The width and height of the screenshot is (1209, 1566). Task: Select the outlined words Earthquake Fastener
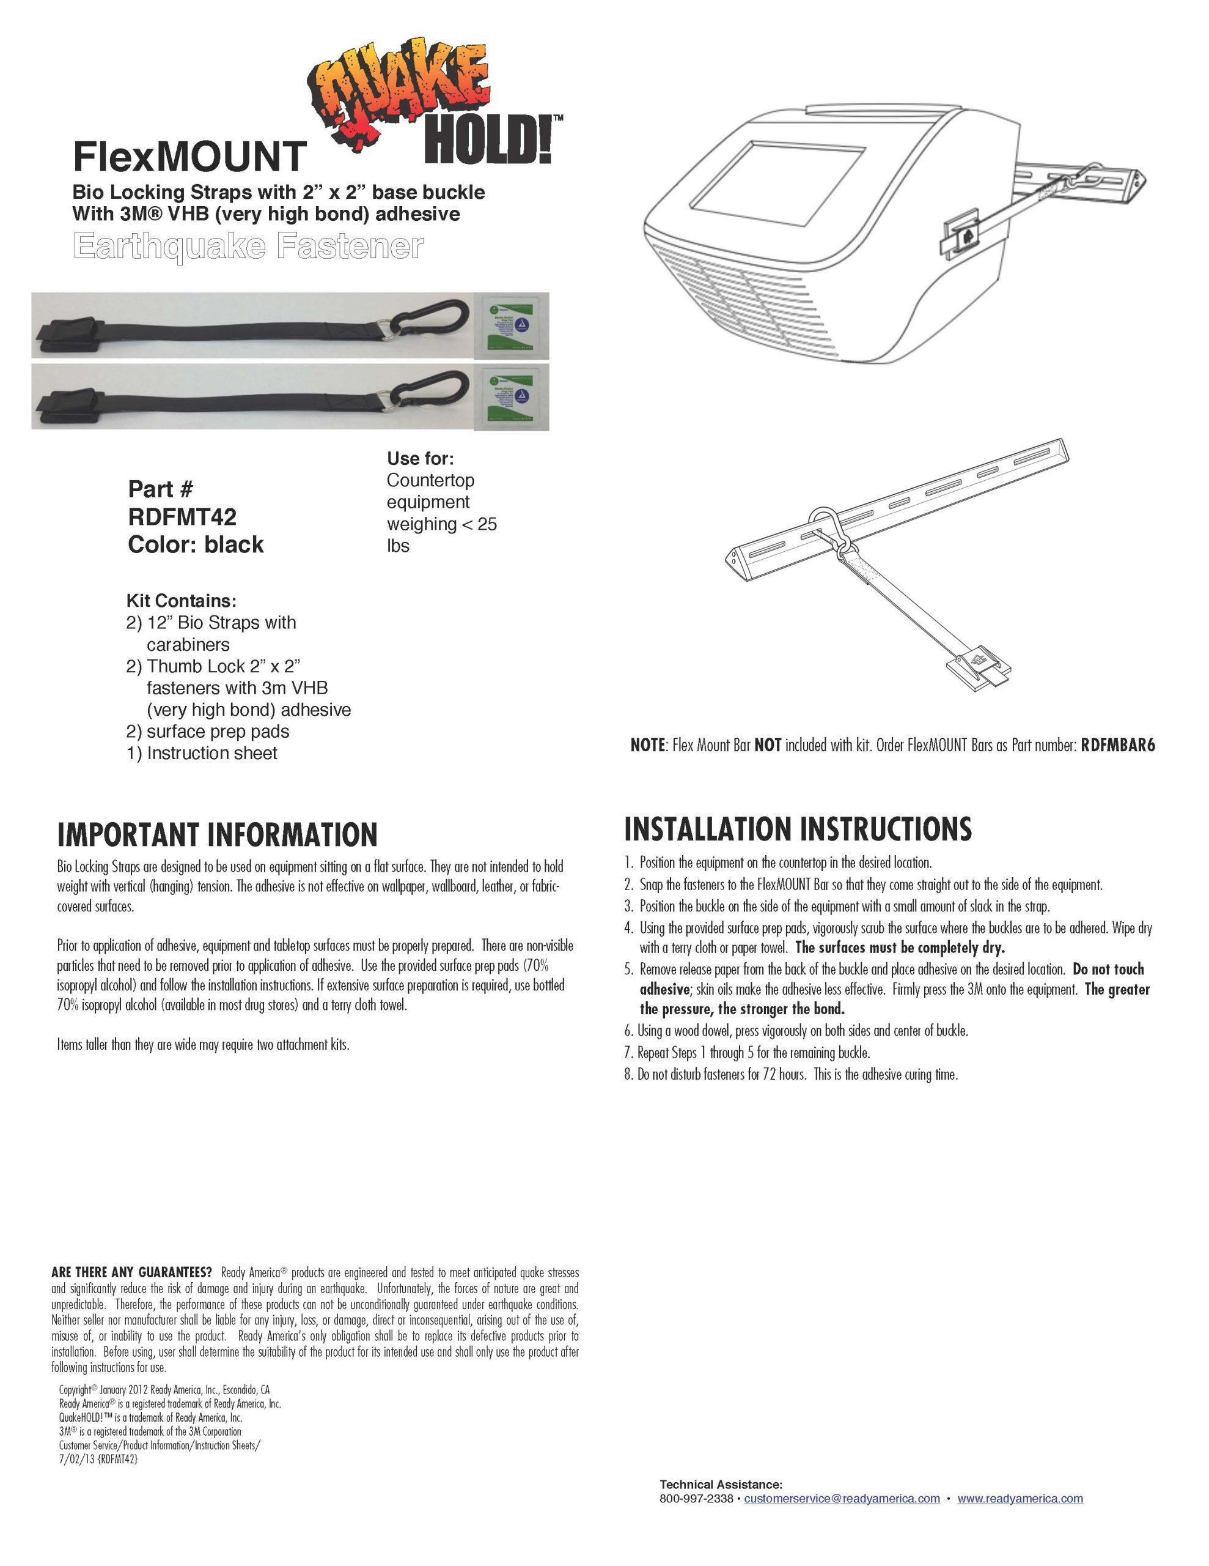(248, 247)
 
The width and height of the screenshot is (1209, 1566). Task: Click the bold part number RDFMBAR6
(1117, 746)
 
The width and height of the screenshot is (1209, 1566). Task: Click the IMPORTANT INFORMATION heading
(217, 834)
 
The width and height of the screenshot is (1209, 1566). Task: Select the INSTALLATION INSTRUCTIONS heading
(798, 829)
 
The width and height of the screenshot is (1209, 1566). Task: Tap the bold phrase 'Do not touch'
(1108, 970)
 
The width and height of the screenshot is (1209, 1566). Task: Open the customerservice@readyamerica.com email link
(842, 1499)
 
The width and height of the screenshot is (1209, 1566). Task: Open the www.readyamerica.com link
(1020, 1499)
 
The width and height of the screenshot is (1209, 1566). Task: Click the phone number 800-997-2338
(696, 1499)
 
